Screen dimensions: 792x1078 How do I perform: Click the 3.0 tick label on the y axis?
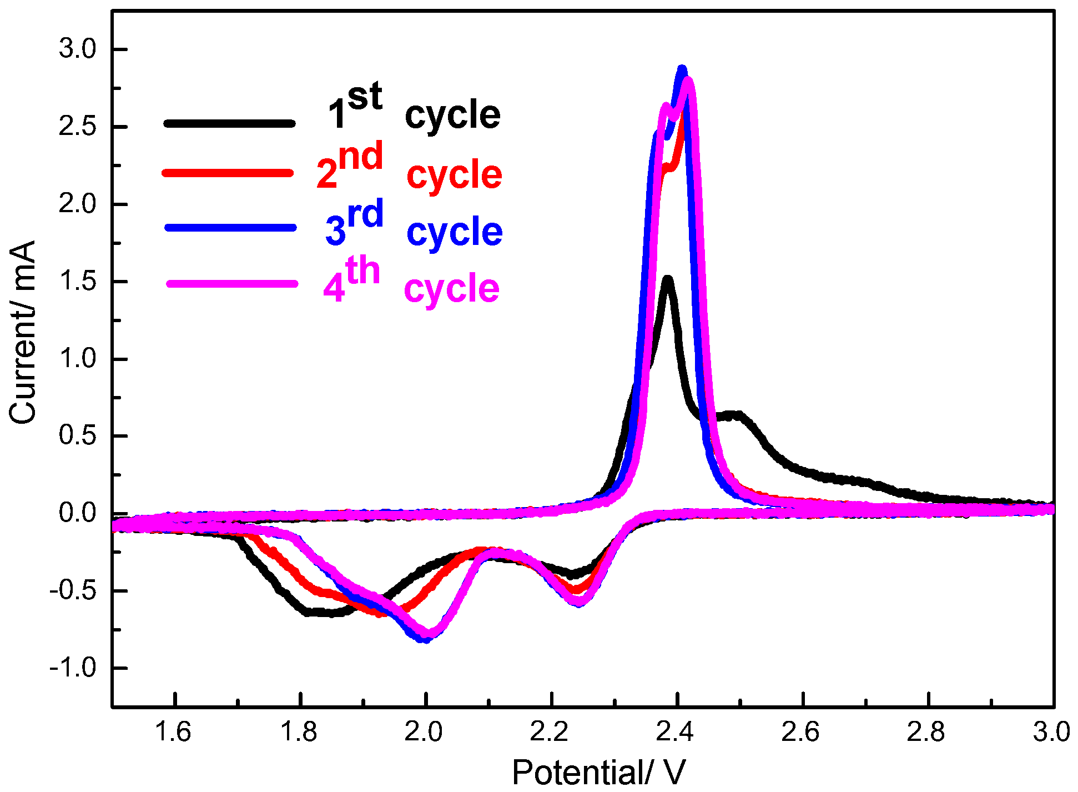(x=78, y=49)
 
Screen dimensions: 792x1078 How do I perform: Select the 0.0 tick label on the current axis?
(x=78, y=513)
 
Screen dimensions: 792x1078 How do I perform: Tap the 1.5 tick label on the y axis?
(x=78, y=282)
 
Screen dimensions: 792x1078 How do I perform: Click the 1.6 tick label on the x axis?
(x=174, y=732)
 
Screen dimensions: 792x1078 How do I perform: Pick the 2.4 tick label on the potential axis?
(x=676, y=732)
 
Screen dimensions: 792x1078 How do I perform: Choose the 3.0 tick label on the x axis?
(x=1051, y=732)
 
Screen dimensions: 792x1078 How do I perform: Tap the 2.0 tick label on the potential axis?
(x=425, y=732)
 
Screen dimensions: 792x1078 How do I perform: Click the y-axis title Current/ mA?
(x=22, y=332)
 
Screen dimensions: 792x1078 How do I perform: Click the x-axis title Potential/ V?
(x=598, y=772)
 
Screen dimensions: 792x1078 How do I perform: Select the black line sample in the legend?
(x=229, y=123)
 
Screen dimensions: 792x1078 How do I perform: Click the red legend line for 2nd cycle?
(x=228, y=173)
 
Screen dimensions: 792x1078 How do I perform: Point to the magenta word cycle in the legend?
(x=451, y=289)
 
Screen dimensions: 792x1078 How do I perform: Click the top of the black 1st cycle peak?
(x=668, y=278)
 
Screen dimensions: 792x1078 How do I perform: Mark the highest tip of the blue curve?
(x=682, y=69)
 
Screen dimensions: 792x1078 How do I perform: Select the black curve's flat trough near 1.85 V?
(x=328, y=613)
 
